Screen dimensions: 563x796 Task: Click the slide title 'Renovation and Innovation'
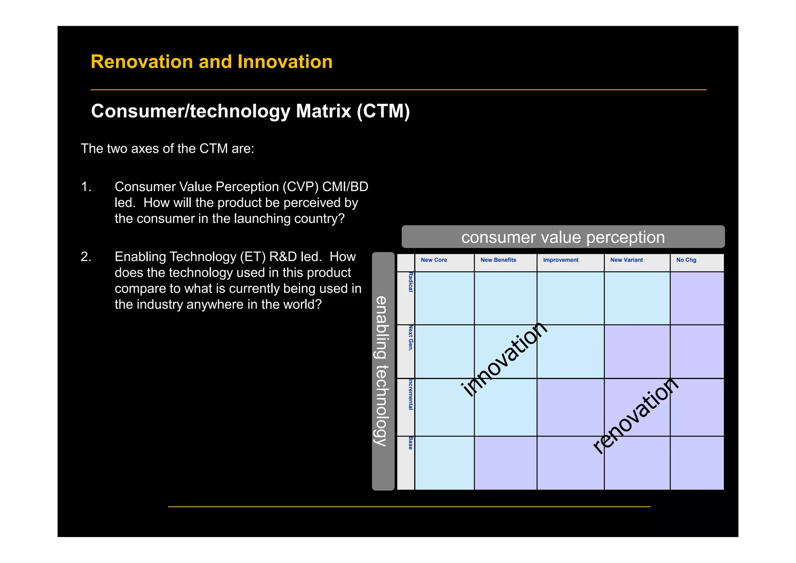point(211,62)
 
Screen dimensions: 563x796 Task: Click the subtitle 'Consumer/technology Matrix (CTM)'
point(250,111)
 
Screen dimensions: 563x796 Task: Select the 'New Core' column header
point(434,260)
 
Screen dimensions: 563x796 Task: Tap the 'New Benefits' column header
point(498,260)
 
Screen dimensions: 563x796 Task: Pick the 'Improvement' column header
point(560,260)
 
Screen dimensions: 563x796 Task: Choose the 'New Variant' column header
point(626,260)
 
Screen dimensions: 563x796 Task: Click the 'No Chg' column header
point(686,260)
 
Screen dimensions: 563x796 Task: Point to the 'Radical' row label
point(410,282)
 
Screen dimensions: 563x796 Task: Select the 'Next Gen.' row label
point(410,339)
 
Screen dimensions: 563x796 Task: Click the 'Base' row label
point(410,443)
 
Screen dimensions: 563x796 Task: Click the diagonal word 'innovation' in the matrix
point(504,359)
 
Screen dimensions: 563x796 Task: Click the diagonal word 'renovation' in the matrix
point(635,416)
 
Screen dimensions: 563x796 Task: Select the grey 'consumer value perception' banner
point(563,237)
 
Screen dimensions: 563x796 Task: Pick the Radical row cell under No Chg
point(697,298)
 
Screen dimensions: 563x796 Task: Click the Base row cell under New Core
point(444,463)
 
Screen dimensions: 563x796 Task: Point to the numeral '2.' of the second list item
point(86,257)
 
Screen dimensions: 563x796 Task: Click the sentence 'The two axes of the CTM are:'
point(167,149)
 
